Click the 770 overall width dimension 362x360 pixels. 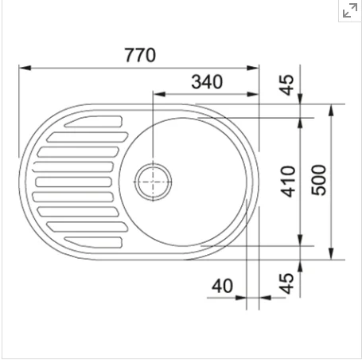click(x=140, y=55)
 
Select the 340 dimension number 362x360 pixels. click(x=207, y=82)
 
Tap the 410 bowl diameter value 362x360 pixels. click(x=288, y=182)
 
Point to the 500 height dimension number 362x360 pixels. click(x=319, y=180)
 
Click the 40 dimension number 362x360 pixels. click(x=222, y=286)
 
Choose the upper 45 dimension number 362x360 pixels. click(x=287, y=85)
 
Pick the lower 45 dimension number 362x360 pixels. click(x=287, y=284)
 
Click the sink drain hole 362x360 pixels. click(x=153, y=182)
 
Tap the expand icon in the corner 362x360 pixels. click(x=350, y=10)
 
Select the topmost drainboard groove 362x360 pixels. click(x=94, y=122)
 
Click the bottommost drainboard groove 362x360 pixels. click(x=94, y=242)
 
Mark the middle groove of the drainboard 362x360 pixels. click(x=73, y=182)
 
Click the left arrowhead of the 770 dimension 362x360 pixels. click(x=25, y=68)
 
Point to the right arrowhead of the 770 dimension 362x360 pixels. click(x=253, y=68)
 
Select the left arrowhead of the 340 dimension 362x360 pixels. click(x=159, y=94)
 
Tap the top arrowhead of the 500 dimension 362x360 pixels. click(x=331, y=110)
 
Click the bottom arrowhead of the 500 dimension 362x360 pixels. click(x=331, y=253)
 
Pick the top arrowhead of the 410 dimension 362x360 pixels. click(x=300, y=123)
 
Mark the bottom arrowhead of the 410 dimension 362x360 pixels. click(x=300, y=240)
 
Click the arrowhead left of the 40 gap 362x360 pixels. click(x=241, y=298)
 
